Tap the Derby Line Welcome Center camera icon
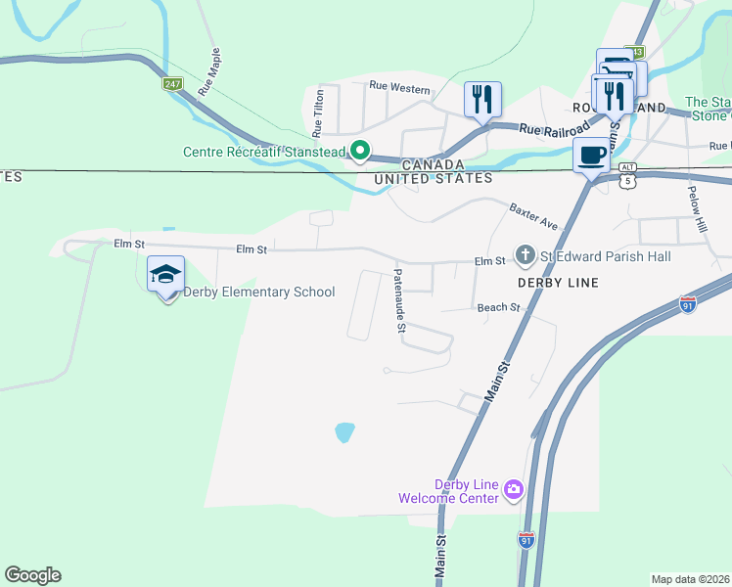coord(514,489)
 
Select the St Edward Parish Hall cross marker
coord(525,255)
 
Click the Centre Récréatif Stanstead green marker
coord(360,152)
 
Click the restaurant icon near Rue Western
coord(481,99)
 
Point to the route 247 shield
coord(173,85)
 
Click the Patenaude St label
coord(399,301)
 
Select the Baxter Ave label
coord(532,217)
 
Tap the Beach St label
coord(498,307)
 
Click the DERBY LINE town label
coord(557,282)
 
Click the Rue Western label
coord(399,88)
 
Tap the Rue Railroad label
coord(555,128)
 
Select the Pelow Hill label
coord(696,208)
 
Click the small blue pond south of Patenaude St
coord(343,431)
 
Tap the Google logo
coord(32,575)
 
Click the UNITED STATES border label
coord(435,178)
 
